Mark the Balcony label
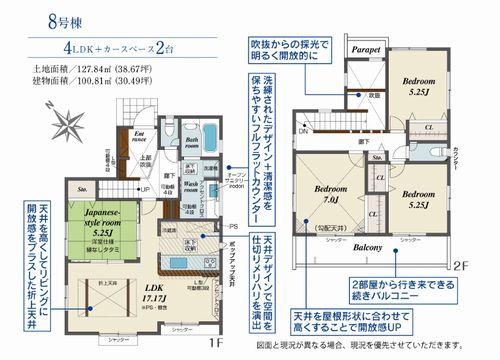tap(369, 246)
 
